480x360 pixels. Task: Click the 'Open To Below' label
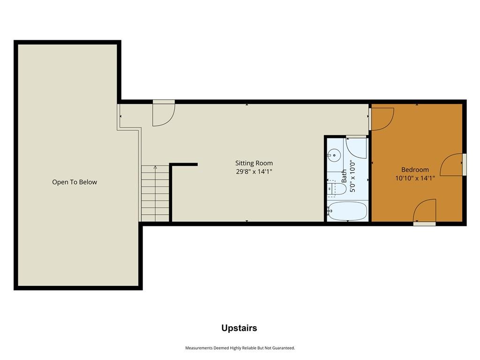click(75, 182)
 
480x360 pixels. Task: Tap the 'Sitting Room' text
click(254, 163)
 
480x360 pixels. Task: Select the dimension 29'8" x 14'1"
click(254, 172)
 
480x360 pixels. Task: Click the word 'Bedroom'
click(415, 170)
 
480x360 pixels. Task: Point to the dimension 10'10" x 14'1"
click(415, 178)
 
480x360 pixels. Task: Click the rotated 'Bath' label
click(344, 176)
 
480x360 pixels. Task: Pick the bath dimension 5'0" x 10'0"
click(352, 176)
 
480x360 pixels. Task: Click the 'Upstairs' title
click(239, 328)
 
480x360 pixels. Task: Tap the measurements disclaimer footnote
click(240, 348)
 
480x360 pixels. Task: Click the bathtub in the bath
click(347, 211)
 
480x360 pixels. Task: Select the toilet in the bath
click(337, 188)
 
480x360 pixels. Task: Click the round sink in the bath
click(334, 156)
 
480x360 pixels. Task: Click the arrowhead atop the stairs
click(155, 167)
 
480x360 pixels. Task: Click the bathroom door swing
click(356, 148)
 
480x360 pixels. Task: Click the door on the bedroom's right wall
click(451, 165)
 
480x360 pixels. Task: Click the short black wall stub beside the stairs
click(184, 165)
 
